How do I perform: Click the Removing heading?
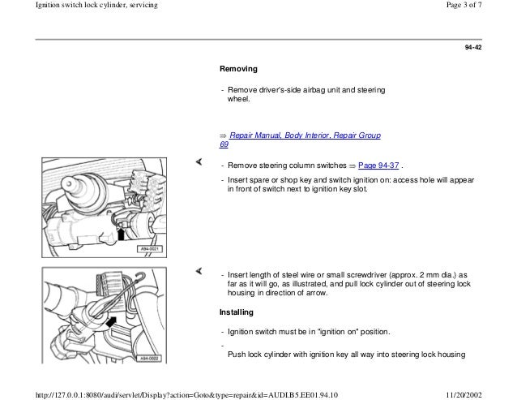tap(238, 69)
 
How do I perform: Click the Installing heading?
tap(237, 312)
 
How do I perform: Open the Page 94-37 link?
tap(378, 166)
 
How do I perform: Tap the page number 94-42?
tap(473, 48)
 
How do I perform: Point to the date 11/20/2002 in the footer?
tap(464, 395)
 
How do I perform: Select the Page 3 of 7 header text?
tap(464, 5)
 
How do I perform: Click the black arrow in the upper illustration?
tap(121, 234)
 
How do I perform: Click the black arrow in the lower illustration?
tap(112, 322)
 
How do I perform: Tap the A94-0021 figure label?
tap(150, 249)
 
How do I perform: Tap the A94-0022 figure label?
tap(149, 359)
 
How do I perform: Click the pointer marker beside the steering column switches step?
tap(199, 161)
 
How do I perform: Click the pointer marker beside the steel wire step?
tap(199, 271)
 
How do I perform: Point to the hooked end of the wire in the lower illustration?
tap(143, 276)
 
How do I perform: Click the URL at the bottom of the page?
tap(186, 395)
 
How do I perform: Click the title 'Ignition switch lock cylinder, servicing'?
tap(96, 5)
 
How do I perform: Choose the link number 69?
tap(224, 144)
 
